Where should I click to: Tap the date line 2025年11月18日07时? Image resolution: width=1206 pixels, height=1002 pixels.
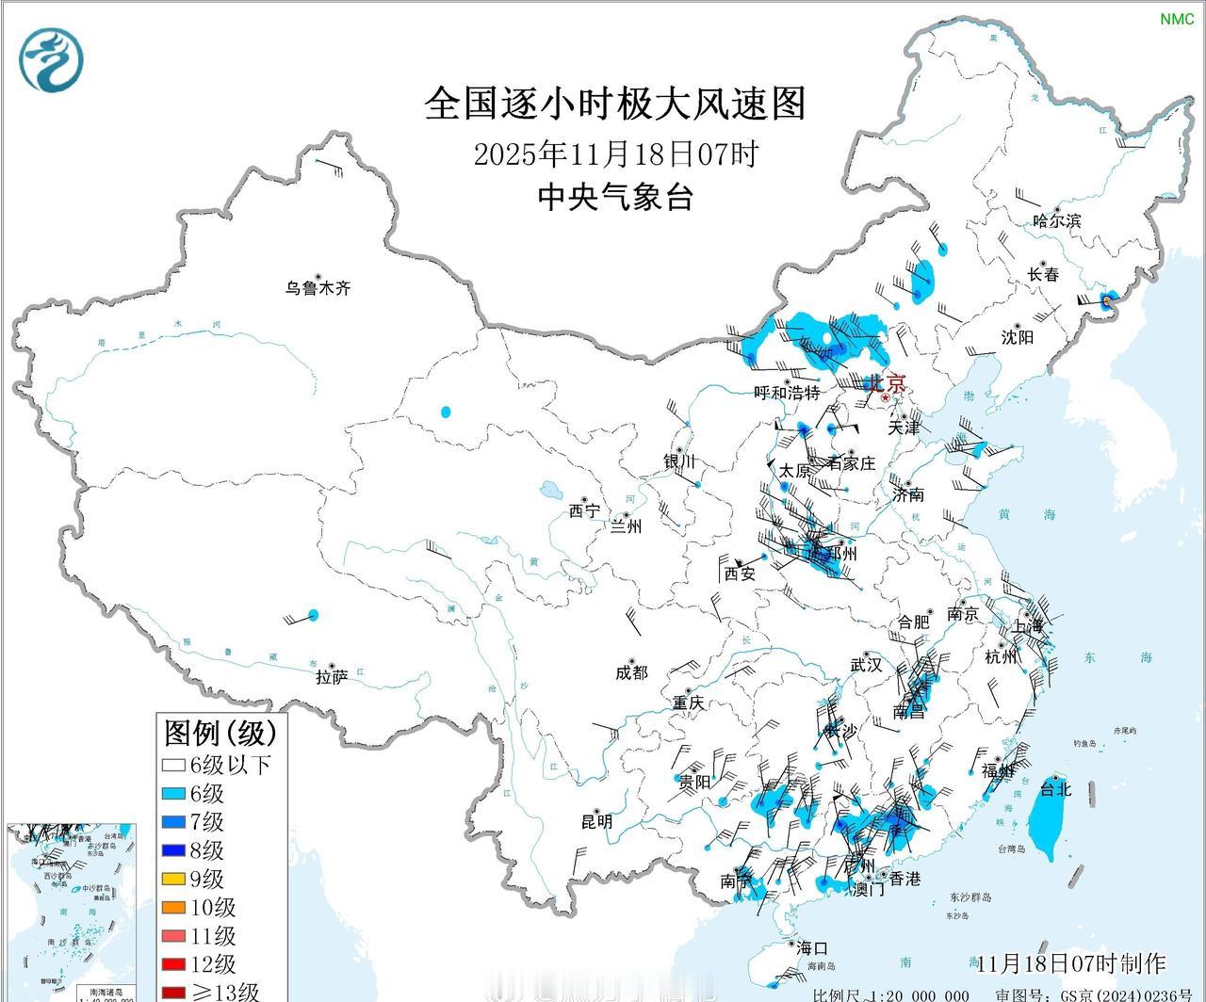(x=615, y=153)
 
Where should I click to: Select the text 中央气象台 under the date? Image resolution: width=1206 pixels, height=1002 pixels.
(x=615, y=197)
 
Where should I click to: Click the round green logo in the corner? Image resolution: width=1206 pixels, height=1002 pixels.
(x=51, y=59)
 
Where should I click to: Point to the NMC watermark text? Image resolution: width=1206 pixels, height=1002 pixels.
(x=1176, y=19)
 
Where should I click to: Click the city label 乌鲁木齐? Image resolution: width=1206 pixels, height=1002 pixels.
(x=318, y=288)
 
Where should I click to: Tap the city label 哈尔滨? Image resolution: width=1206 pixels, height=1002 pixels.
(x=1057, y=221)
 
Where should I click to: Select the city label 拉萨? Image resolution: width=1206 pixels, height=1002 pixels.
(x=332, y=675)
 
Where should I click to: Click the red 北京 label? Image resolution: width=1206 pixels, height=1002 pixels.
(x=886, y=383)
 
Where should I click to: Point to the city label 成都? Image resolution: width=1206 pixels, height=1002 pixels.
(x=631, y=671)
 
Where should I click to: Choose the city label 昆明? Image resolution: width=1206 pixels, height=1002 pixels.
(x=596, y=821)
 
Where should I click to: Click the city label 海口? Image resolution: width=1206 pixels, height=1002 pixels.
(x=810, y=947)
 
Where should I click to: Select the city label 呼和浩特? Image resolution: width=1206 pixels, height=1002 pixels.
(x=787, y=393)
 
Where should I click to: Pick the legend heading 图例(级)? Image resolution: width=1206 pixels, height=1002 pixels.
(x=220, y=732)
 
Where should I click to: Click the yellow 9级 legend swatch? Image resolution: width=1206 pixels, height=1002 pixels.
(x=173, y=880)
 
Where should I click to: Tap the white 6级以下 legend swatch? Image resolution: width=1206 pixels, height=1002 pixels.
(x=173, y=766)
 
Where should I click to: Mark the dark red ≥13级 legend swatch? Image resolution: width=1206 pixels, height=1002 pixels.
(x=173, y=992)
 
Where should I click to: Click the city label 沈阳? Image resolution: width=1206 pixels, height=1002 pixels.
(x=1018, y=337)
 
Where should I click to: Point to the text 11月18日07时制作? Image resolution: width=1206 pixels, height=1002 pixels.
(x=1071, y=963)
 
